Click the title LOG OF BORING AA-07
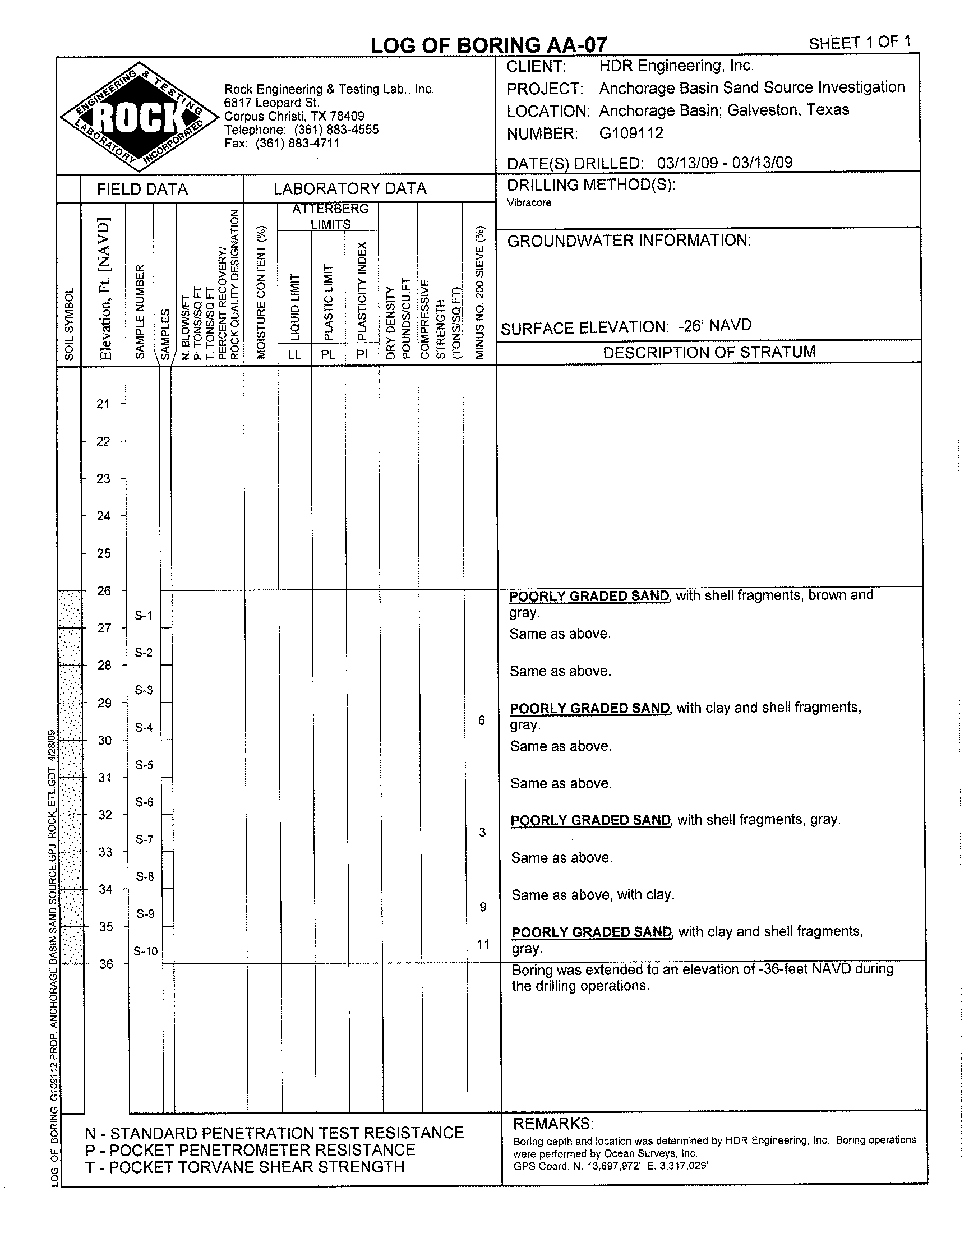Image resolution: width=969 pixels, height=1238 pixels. (x=488, y=45)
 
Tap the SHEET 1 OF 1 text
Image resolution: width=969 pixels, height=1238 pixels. (x=860, y=43)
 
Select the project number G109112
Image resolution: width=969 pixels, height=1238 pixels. (x=631, y=133)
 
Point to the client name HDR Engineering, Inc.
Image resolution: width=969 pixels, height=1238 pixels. (x=676, y=66)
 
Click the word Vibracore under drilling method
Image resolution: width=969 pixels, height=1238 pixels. (x=529, y=202)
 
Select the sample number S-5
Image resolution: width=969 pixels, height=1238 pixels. (x=144, y=765)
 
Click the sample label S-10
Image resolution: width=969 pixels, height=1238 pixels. (x=145, y=951)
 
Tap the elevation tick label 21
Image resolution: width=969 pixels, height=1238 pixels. (x=103, y=404)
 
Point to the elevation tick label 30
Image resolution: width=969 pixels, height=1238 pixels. (x=105, y=740)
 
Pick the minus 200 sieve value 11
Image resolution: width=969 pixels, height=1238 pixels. (x=483, y=944)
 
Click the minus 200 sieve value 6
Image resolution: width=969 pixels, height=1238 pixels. (x=482, y=720)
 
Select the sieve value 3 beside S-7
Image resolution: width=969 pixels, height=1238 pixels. (x=482, y=832)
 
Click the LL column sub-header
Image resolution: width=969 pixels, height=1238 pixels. (x=294, y=354)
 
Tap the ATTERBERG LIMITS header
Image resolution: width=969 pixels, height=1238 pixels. (x=330, y=216)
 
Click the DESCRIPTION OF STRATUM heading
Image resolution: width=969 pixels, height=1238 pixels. (x=709, y=352)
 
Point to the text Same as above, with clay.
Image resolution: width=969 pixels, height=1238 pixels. (x=592, y=895)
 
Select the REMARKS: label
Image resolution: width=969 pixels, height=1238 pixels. (x=553, y=1124)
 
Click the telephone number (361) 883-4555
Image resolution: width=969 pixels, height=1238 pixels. (x=336, y=130)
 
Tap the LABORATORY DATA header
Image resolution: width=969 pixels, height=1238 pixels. (x=349, y=188)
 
